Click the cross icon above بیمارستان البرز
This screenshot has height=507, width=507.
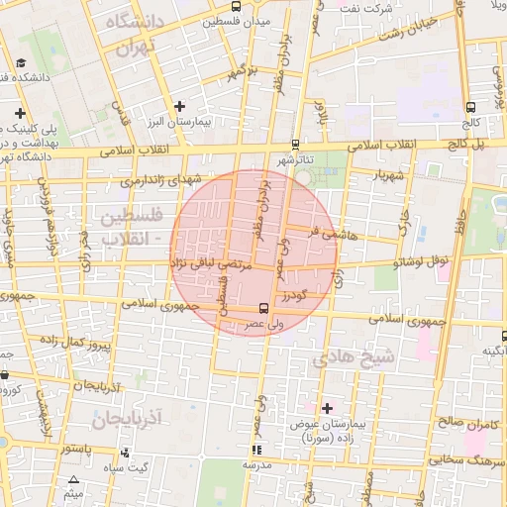click(x=179, y=106)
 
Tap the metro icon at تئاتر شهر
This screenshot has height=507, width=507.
click(x=295, y=145)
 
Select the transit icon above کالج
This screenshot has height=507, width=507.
click(x=469, y=108)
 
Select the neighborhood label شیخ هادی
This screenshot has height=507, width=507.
click(x=355, y=356)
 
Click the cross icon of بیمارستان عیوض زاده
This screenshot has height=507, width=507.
click(x=327, y=408)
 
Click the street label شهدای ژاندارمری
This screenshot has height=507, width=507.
click(x=159, y=180)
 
